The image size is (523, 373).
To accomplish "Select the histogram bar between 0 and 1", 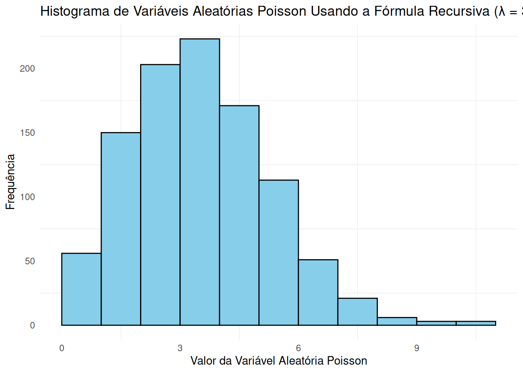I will [x=81, y=289].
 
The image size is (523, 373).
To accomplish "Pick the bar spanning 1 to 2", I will [x=121, y=229].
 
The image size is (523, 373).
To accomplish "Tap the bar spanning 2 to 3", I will [x=160, y=195].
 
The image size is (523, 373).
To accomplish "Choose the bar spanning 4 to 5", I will [x=239, y=215].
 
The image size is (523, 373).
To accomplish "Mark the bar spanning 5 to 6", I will [x=279, y=253].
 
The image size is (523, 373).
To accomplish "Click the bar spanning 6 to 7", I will [x=318, y=292].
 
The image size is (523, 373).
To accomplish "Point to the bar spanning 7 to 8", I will [x=357, y=312].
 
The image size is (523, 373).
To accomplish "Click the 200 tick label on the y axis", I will [x=27, y=69].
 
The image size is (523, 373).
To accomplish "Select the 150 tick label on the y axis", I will [x=27, y=133].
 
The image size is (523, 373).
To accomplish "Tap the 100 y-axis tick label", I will [x=27, y=197].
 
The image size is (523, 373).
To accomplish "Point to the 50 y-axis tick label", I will [x=30, y=261].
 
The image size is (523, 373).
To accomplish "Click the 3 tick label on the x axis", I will [x=180, y=348].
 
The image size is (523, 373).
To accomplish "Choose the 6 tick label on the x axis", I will [x=298, y=348].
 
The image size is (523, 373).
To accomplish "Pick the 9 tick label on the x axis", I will [x=416, y=348].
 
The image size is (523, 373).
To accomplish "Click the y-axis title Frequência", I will [x=11, y=182].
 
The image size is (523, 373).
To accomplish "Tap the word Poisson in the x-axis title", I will [x=347, y=361].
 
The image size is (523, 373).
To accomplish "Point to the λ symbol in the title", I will [x=502, y=11].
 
